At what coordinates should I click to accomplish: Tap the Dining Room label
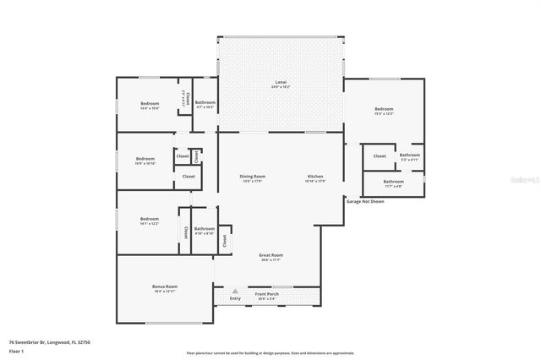click(253, 177)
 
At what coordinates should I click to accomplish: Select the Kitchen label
click(314, 177)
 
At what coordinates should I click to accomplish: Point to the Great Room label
click(270, 254)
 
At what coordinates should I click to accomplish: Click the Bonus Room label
click(165, 286)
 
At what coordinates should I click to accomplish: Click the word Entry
click(235, 298)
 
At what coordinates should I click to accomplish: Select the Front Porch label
click(267, 294)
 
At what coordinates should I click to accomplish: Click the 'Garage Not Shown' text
click(365, 202)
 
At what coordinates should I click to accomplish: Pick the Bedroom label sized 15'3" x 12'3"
click(384, 109)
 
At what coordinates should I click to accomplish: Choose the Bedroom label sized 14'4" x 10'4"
click(149, 103)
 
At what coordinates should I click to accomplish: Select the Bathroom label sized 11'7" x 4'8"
click(393, 182)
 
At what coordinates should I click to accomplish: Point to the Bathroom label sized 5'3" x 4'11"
click(410, 155)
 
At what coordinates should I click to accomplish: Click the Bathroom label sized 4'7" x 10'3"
click(205, 103)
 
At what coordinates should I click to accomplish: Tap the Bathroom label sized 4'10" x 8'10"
click(204, 229)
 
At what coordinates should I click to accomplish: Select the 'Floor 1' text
click(15, 350)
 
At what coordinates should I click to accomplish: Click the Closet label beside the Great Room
click(224, 240)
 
